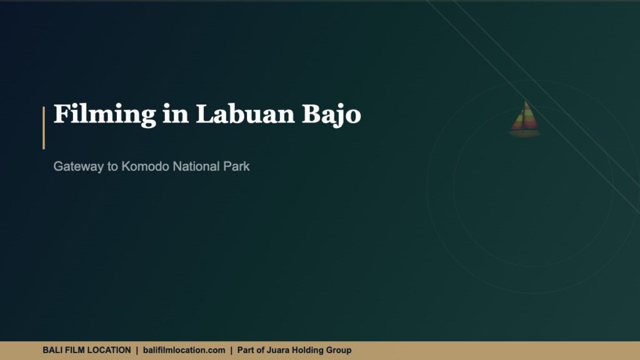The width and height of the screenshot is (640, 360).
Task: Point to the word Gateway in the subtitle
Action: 79,167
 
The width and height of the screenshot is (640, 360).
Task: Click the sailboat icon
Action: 525,119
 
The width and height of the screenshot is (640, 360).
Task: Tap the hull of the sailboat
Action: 525,133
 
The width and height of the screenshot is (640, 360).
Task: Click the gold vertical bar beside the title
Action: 44,127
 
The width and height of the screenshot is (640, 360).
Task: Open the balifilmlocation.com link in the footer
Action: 184,350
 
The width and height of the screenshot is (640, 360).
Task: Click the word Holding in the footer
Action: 309,350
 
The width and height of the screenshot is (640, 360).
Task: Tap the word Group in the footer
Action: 339,350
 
